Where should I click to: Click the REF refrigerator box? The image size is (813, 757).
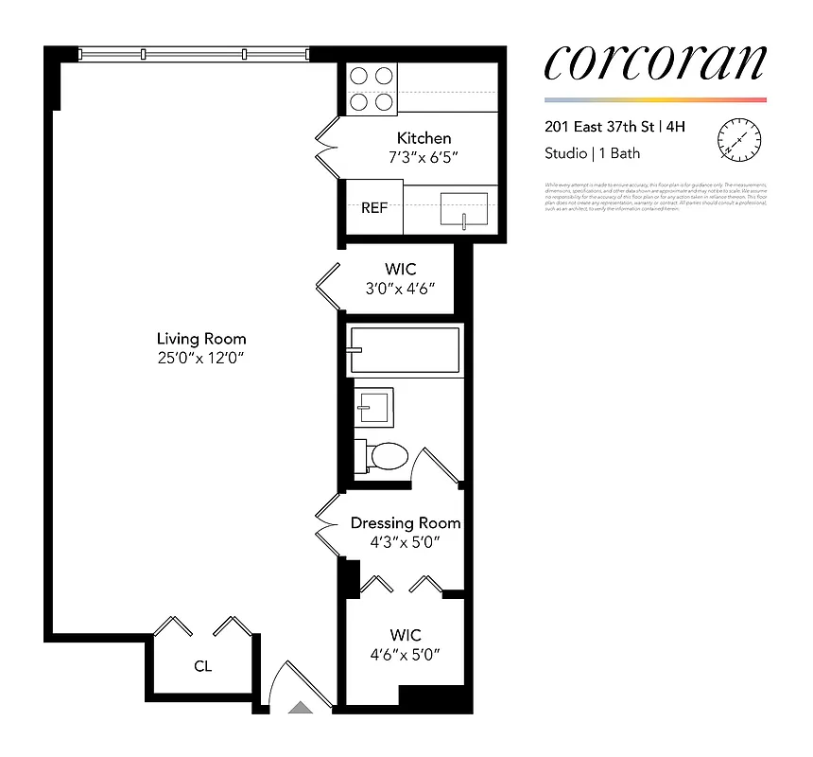[x=374, y=208]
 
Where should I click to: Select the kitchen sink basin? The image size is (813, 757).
[x=464, y=209]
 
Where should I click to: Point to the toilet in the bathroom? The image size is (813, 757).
[x=385, y=457]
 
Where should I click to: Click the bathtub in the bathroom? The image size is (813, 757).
[x=404, y=350]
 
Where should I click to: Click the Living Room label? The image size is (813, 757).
[x=201, y=338]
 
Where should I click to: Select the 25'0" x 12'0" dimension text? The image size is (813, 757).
[x=201, y=358]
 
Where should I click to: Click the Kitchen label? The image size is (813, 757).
[x=424, y=138]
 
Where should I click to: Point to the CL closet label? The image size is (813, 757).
[x=202, y=666]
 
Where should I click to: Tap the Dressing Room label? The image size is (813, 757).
[x=406, y=522]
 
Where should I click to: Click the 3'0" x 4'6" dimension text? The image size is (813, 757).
[x=401, y=290]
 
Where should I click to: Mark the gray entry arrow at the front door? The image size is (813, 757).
[x=300, y=706]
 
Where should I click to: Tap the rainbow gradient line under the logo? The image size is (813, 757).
[x=654, y=99]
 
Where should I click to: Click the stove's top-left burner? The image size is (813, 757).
[x=359, y=76]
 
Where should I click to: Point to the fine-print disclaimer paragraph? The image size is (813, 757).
[x=655, y=196]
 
